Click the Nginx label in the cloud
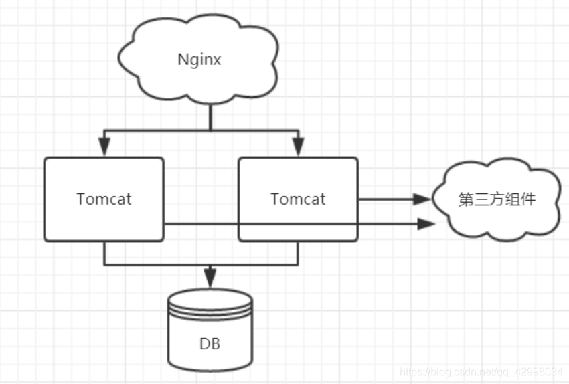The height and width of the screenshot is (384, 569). (199, 60)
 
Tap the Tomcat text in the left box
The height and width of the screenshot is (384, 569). (104, 199)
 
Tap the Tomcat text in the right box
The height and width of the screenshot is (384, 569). (298, 199)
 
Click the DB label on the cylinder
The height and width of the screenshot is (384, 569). (210, 344)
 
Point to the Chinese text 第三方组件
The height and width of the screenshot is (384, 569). (497, 199)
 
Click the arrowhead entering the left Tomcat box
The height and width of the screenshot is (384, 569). (104, 147)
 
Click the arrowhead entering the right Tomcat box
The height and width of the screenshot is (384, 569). (299, 147)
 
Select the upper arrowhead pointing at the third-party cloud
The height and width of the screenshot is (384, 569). (422, 199)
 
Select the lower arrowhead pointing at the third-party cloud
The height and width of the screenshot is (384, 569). (426, 224)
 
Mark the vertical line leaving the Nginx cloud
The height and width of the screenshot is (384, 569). (210, 117)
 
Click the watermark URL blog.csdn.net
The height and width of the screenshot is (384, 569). (481, 372)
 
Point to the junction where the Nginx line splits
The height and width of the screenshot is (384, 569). (210, 130)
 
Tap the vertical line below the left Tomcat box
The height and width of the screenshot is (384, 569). (104, 253)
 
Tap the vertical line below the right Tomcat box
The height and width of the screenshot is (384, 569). (299, 253)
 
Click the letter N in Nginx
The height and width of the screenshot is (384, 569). (183, 59)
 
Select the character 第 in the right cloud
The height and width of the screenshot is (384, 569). (466, 199)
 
